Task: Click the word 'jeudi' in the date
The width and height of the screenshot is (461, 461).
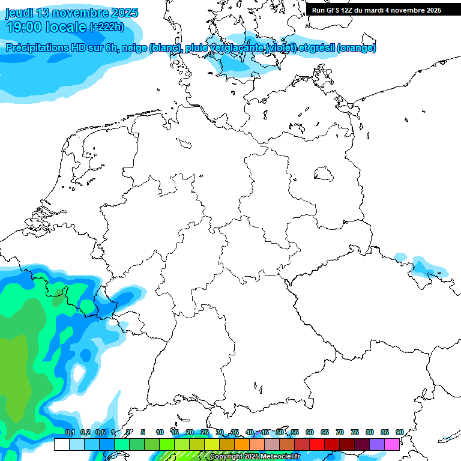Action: (19, 13)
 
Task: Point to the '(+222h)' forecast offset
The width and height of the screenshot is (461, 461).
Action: (107, 27)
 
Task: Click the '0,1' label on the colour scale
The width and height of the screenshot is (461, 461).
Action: (70, 432)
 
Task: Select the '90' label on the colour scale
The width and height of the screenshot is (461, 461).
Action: (400, 432)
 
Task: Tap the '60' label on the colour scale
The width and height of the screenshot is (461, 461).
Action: (310, 432)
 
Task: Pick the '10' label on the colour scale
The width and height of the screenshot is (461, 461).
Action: (160, 432)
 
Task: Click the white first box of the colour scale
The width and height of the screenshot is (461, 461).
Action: (61, 444)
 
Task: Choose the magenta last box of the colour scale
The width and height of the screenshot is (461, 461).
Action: (392, 444)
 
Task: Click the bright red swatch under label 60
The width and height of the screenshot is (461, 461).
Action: (317, 444)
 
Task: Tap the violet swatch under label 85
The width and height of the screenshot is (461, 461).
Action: (377, 444)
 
